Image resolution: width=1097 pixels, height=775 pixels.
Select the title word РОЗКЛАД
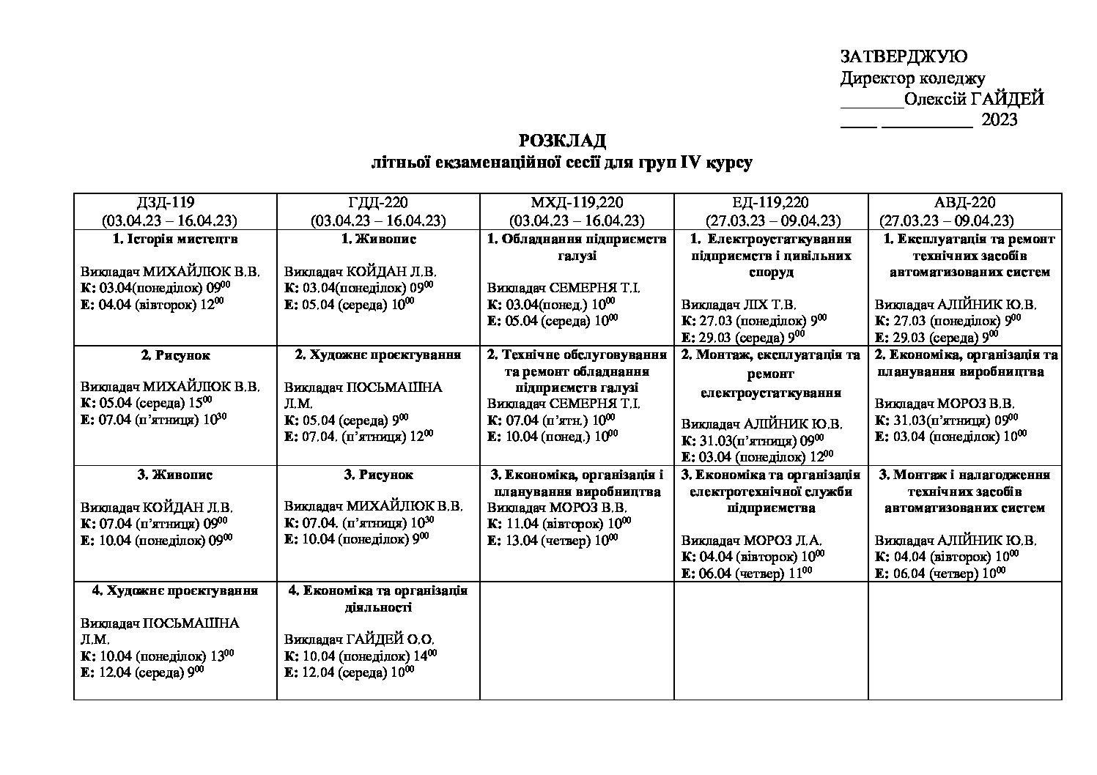point(562,141)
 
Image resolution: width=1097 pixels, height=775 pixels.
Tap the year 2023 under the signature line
point(999,120)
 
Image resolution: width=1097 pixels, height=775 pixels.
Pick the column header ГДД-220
point(378,203)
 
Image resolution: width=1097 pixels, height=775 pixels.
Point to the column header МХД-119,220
point(577,203)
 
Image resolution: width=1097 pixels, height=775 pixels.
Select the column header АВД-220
point(964,203)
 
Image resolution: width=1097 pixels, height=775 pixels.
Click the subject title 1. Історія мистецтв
point(175,239)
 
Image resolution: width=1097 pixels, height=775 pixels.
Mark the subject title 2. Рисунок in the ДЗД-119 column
point(175,355)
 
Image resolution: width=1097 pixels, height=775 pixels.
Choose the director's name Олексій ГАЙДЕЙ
point(974,99)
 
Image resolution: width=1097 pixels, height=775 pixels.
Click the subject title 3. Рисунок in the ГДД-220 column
point(378,475)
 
